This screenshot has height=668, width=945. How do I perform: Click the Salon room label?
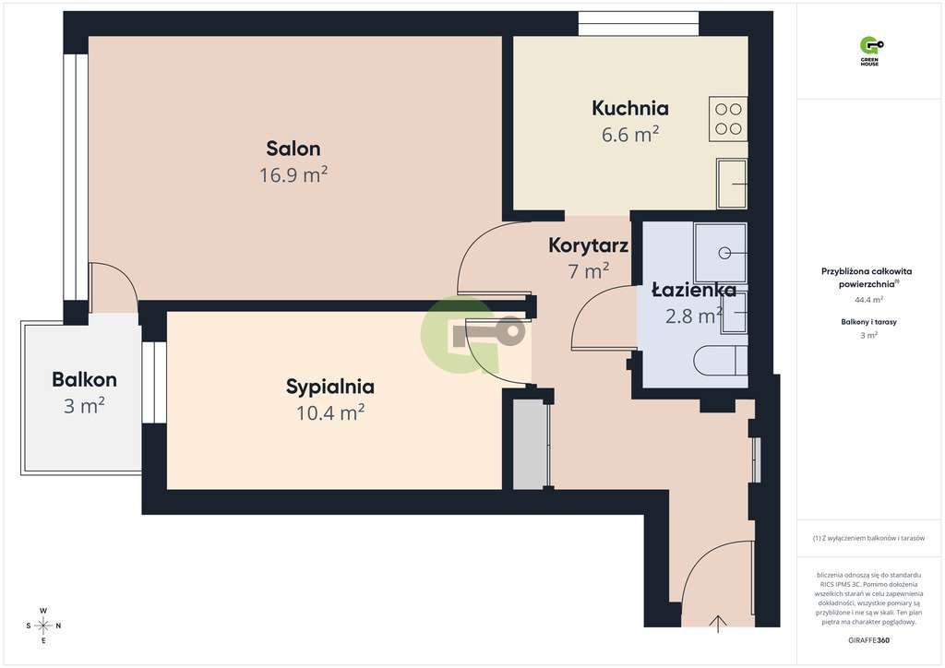[293, 148]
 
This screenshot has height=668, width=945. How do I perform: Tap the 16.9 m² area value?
[293, 174]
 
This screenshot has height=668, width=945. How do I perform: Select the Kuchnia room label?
[630, 108]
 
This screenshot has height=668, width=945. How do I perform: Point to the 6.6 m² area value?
[630, 135]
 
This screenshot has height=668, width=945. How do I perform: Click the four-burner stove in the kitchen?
[728, 118]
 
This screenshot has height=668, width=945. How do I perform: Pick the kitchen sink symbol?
[733, 184]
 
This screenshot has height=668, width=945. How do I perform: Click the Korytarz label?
[589, 245]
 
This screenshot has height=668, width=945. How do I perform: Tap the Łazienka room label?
[693, 290]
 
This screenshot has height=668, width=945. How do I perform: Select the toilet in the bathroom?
[721, 361]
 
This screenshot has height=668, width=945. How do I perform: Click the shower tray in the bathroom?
[721, 252]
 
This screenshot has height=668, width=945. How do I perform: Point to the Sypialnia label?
[330, 387]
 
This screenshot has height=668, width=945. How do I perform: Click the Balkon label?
[84, 379]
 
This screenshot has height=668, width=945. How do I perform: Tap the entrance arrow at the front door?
[718, 625]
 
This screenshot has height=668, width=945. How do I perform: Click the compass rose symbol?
[42, 626]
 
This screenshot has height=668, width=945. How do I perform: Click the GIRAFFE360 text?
[868, 640]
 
